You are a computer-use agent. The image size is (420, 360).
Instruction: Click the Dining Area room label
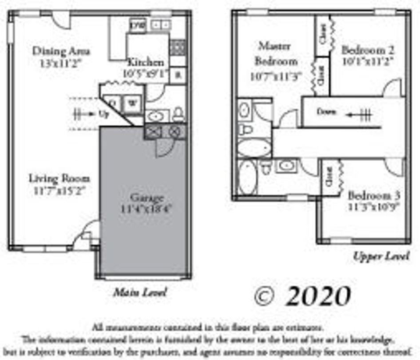(61, 51)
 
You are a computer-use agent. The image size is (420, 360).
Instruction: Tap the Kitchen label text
(146, 62)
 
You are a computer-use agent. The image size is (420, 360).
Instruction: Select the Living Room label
(59, 179)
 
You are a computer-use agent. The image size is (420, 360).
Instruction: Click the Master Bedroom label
(275, 53)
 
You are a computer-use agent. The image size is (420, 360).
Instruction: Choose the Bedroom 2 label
(368, 50)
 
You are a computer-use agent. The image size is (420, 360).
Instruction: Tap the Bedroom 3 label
(374, 196)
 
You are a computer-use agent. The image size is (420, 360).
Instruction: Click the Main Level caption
(140, 292)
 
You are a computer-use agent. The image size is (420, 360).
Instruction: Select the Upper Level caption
(380, 256)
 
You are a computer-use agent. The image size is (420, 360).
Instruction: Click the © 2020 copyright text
(302, 296)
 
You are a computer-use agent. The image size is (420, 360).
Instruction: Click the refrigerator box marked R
(178, 75)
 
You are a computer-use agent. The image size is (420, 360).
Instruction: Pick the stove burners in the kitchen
(178, 47)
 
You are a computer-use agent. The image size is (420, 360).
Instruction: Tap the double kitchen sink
(159, 25)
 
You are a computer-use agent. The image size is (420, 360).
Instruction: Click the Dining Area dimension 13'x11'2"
(61, 63)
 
